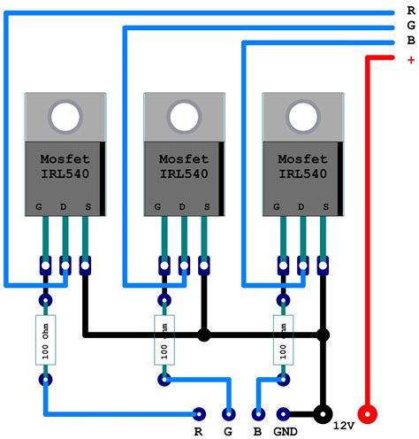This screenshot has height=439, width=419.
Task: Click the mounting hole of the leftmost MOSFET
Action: [x=65, y=116]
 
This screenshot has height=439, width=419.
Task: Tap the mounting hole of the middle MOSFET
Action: [x=184, y=116]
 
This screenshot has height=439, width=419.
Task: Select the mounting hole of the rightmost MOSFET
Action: [x=302, y=116]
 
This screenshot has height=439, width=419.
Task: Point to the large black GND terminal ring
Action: [x=324, y=413]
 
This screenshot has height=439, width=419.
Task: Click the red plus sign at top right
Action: [x=410, y=60]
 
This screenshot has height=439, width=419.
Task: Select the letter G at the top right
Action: [x=410, y=27]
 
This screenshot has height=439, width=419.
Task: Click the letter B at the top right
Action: [x=410, y=41]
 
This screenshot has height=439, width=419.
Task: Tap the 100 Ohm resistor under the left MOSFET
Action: [x=46, y=340]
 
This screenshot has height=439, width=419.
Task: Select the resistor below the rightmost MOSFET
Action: [x=284, y=340]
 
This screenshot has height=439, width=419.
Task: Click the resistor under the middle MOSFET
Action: [x=164, y=340]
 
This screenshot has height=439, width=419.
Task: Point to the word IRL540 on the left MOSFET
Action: [x=65, y=174]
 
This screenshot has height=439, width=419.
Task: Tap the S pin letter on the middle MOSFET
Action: [x=205, y=207]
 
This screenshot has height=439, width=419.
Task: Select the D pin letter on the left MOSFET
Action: [x=65, y=207]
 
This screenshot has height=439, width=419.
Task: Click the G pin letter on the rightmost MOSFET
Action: [x=277, y=207]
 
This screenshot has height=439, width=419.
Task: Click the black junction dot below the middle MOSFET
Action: [x=204, y=335]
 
